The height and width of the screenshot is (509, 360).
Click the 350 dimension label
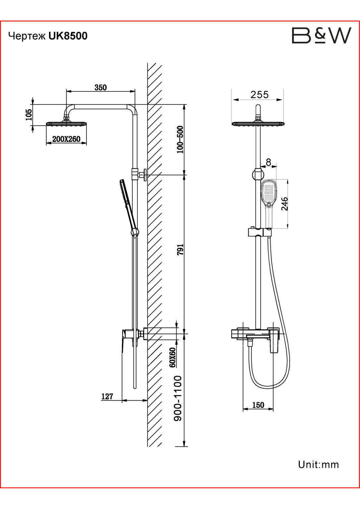[x=100, y=87]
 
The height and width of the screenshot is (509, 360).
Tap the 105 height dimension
[x=29, y=115]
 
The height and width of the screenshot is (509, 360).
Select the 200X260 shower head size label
[x=66, y=139]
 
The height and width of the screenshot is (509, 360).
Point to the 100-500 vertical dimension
[x=180, y=140]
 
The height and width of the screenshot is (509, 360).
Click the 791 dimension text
[x=180, y=250]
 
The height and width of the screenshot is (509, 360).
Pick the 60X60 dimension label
[x=173, y=358]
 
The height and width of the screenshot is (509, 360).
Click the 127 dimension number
[x=107, y=397]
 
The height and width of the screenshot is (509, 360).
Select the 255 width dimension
[x=260, y=94]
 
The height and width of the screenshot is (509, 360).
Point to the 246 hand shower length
[x=284, y=204]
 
